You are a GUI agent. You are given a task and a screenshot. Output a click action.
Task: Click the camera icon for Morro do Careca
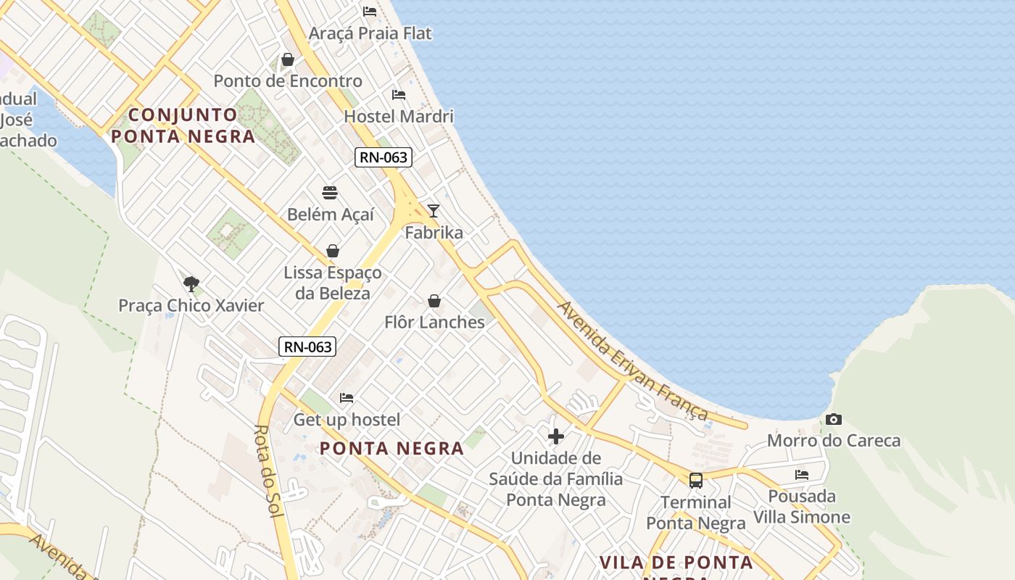pyautogui.click(x=834, y=419)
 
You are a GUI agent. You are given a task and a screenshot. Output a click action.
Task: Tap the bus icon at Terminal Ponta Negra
pyautogui.click(x=696, y=480)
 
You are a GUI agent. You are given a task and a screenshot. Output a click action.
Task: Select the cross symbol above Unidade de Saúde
pyautogui.click(x=556, y=436)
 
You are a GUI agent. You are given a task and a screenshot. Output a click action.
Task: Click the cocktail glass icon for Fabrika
pyautogui.click(x=434, y=211)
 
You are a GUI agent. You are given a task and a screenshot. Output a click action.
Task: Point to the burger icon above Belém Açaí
pyautogui.click(x=330, y=193)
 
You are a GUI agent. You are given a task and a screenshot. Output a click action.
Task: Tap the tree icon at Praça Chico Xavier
pyautogui.click(x=191, y=283)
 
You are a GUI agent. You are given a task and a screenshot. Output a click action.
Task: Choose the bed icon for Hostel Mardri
pyautogui.click(x=399, y=94)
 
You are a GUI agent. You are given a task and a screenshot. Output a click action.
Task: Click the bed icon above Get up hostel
pyautogui.click(x=347, y=397)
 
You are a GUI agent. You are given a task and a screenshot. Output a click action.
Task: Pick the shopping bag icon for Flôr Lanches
pyautogui.click(x=434, y=300)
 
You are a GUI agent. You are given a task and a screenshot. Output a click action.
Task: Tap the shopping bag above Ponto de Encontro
pyautogui.click(x=288, y=59)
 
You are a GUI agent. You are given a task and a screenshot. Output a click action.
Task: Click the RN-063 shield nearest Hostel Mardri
pyautogui.click(x=384, y=157)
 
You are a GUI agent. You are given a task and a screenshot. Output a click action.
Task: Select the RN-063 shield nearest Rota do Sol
pyautogui.click(x=308, y=347)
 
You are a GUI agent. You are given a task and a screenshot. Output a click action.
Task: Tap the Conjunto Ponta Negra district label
pyautogui.click(x=183, y=125)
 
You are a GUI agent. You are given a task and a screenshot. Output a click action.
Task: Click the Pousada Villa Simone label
pyautogui.click(x=802, y=507)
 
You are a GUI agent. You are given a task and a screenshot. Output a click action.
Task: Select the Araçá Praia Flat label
pyautogui.click(x=370, y=33)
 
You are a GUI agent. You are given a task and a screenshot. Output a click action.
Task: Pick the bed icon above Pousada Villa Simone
pyautogui.click(x=802, y=475)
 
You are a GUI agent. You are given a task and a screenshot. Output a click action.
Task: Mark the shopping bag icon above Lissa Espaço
pyautogui.click(x=333, y=251)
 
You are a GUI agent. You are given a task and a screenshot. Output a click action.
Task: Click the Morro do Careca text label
pyautogui.click(x=834, y=441)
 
